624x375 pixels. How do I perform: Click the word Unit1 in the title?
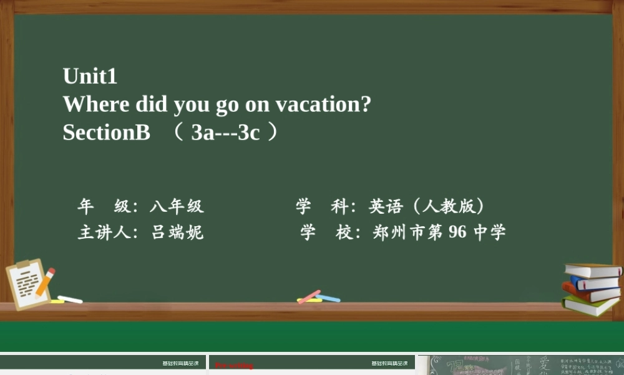[90, 76]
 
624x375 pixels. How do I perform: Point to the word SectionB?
[106, 132]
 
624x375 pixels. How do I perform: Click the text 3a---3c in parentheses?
[225, 132]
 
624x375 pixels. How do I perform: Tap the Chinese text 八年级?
[177, 206]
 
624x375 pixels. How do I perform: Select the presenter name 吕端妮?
[177, 232]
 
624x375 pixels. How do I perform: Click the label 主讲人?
[104, 232]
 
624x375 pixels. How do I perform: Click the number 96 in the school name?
[457, 232]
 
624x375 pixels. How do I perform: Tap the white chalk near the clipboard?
[70, 299]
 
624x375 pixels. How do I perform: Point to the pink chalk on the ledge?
[308, 297]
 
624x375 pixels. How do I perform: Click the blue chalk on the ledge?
[328, 298]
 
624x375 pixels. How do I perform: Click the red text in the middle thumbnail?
[234, 366]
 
